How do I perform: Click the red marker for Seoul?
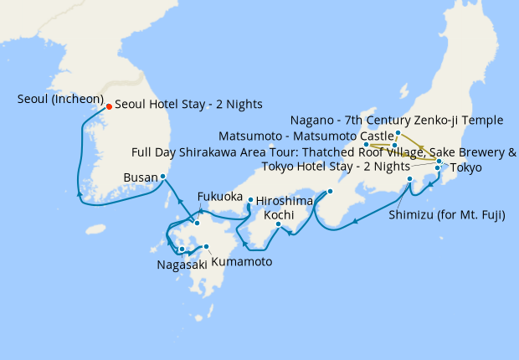click(x=108, y=106)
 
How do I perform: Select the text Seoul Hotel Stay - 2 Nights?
click(x=188, y=105)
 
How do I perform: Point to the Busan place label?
click(x=140, y=178)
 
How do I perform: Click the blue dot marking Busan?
click(x=163, y=177)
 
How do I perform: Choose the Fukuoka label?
click(x=219, y=197)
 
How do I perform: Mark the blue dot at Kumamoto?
click(x=206, y=247)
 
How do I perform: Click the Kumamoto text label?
click(x=242, y=262)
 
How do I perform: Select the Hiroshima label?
click(x=284, y=201)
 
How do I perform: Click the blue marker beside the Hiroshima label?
click(x=250, y=200)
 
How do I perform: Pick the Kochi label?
click(x=279, y=215)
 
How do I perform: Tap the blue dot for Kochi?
click(x=280, y=224)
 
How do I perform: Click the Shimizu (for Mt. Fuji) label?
click(x=447, y=215)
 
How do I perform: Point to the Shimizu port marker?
click(x=409, y=179)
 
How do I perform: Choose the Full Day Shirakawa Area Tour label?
click(x=324, y=152)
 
